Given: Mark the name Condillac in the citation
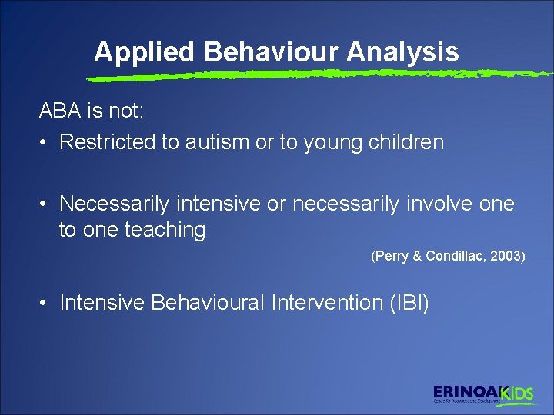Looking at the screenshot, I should [455, 256].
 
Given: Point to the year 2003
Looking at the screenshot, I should [506, 256].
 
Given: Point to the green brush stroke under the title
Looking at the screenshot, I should [308, 75].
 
